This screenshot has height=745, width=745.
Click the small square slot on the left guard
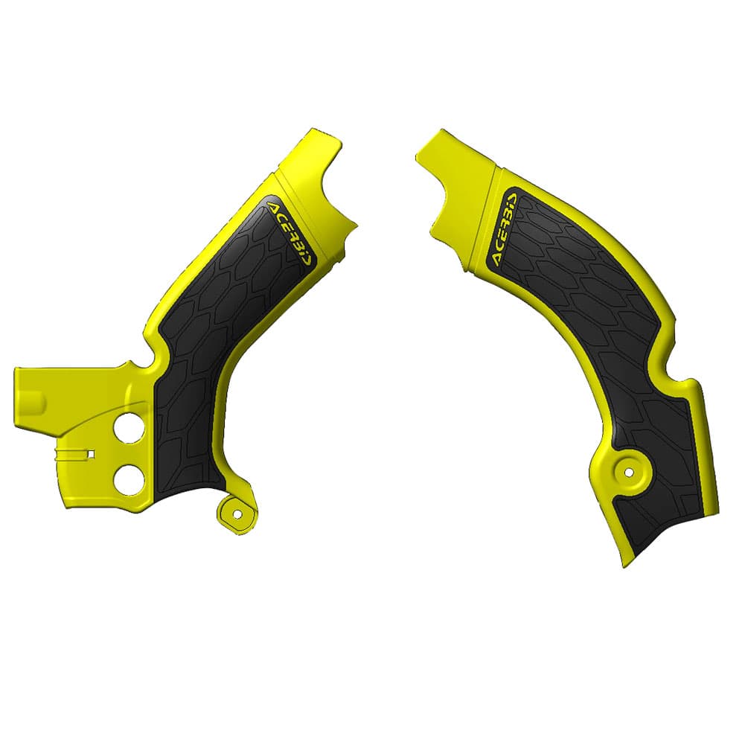pos(91,453)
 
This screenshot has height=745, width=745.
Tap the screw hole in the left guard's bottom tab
pos(237,513)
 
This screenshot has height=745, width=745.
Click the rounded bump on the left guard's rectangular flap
pos(41,406)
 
